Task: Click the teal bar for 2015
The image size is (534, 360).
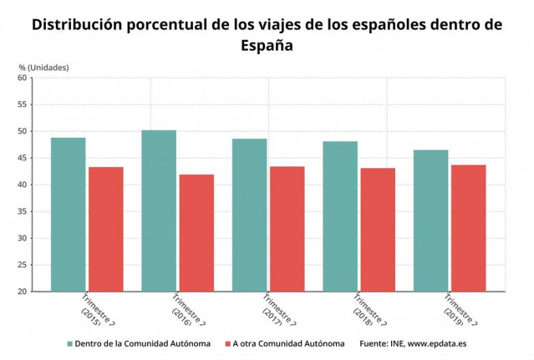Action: (68, 215)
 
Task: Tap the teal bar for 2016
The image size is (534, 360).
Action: (159, 210)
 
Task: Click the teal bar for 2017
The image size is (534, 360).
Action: (249, 215)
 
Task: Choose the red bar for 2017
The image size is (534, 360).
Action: (287, 229)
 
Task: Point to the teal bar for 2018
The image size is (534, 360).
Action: (340, 216)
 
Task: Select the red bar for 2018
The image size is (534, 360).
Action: (379, 230)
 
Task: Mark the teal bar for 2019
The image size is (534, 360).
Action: (430, 221)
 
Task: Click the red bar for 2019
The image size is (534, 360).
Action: (469, 228)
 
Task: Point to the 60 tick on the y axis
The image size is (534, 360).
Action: (23, 78)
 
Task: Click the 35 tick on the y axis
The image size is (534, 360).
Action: (23, 211)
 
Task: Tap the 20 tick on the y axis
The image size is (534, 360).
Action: (23, 292)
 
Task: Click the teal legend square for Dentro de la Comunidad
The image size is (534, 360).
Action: (70, 343)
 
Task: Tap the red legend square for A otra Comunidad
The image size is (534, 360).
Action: (227, 343)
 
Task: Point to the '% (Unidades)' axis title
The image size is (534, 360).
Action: (43, 66)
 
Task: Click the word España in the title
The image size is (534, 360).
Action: (267, 46)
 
